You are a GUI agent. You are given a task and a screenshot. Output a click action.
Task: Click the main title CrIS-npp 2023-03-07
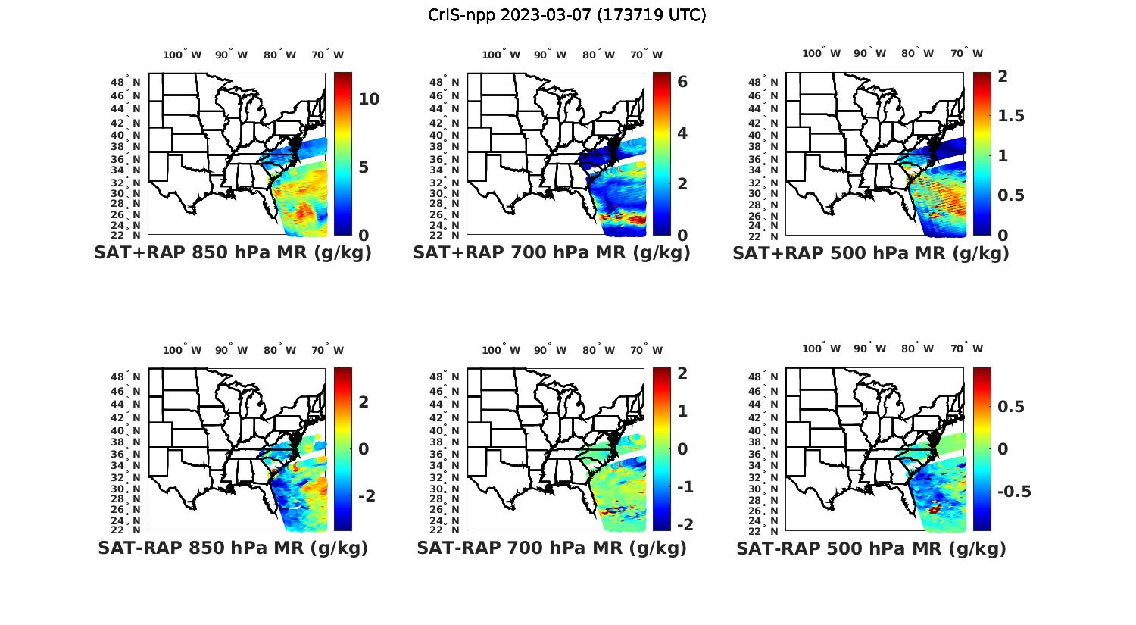coord(566,15)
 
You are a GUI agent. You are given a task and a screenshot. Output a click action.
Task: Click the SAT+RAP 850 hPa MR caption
coord(233,253)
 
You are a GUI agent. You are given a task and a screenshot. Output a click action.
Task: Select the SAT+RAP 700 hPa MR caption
coord(551,253)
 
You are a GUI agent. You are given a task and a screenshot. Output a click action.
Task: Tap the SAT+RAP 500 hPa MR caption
coord(871,253)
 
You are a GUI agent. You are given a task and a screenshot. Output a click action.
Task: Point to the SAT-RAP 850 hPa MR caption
coord(233,548)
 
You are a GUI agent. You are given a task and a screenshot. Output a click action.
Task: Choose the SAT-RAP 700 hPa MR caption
coord(551,548)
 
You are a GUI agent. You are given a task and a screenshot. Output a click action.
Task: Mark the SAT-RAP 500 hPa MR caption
coord(871,548)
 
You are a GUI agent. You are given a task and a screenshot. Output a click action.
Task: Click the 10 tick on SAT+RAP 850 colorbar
coord(369,99)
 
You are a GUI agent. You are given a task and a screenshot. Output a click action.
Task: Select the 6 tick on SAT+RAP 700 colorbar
coord(682,82)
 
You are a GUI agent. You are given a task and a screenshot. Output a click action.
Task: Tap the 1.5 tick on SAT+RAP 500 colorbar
coord(1011,116)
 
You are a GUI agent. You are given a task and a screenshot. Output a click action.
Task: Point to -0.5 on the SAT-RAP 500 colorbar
coord(1013,492)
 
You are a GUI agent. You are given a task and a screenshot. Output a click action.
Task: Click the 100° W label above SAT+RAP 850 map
coord(183,55)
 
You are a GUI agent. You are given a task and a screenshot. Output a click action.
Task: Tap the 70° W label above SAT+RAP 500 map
coord(967,53)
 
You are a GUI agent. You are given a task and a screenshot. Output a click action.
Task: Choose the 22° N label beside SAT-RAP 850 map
coord(126,530)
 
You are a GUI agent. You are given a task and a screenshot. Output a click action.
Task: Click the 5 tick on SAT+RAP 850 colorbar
coord(364,167)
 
